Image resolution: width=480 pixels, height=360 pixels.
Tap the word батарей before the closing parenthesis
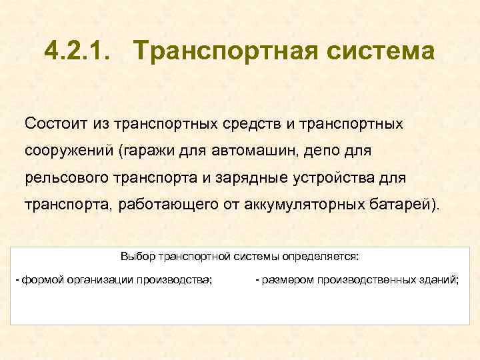(x=402, y=204)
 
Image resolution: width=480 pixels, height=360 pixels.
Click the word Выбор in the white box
(x=135, y=256)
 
